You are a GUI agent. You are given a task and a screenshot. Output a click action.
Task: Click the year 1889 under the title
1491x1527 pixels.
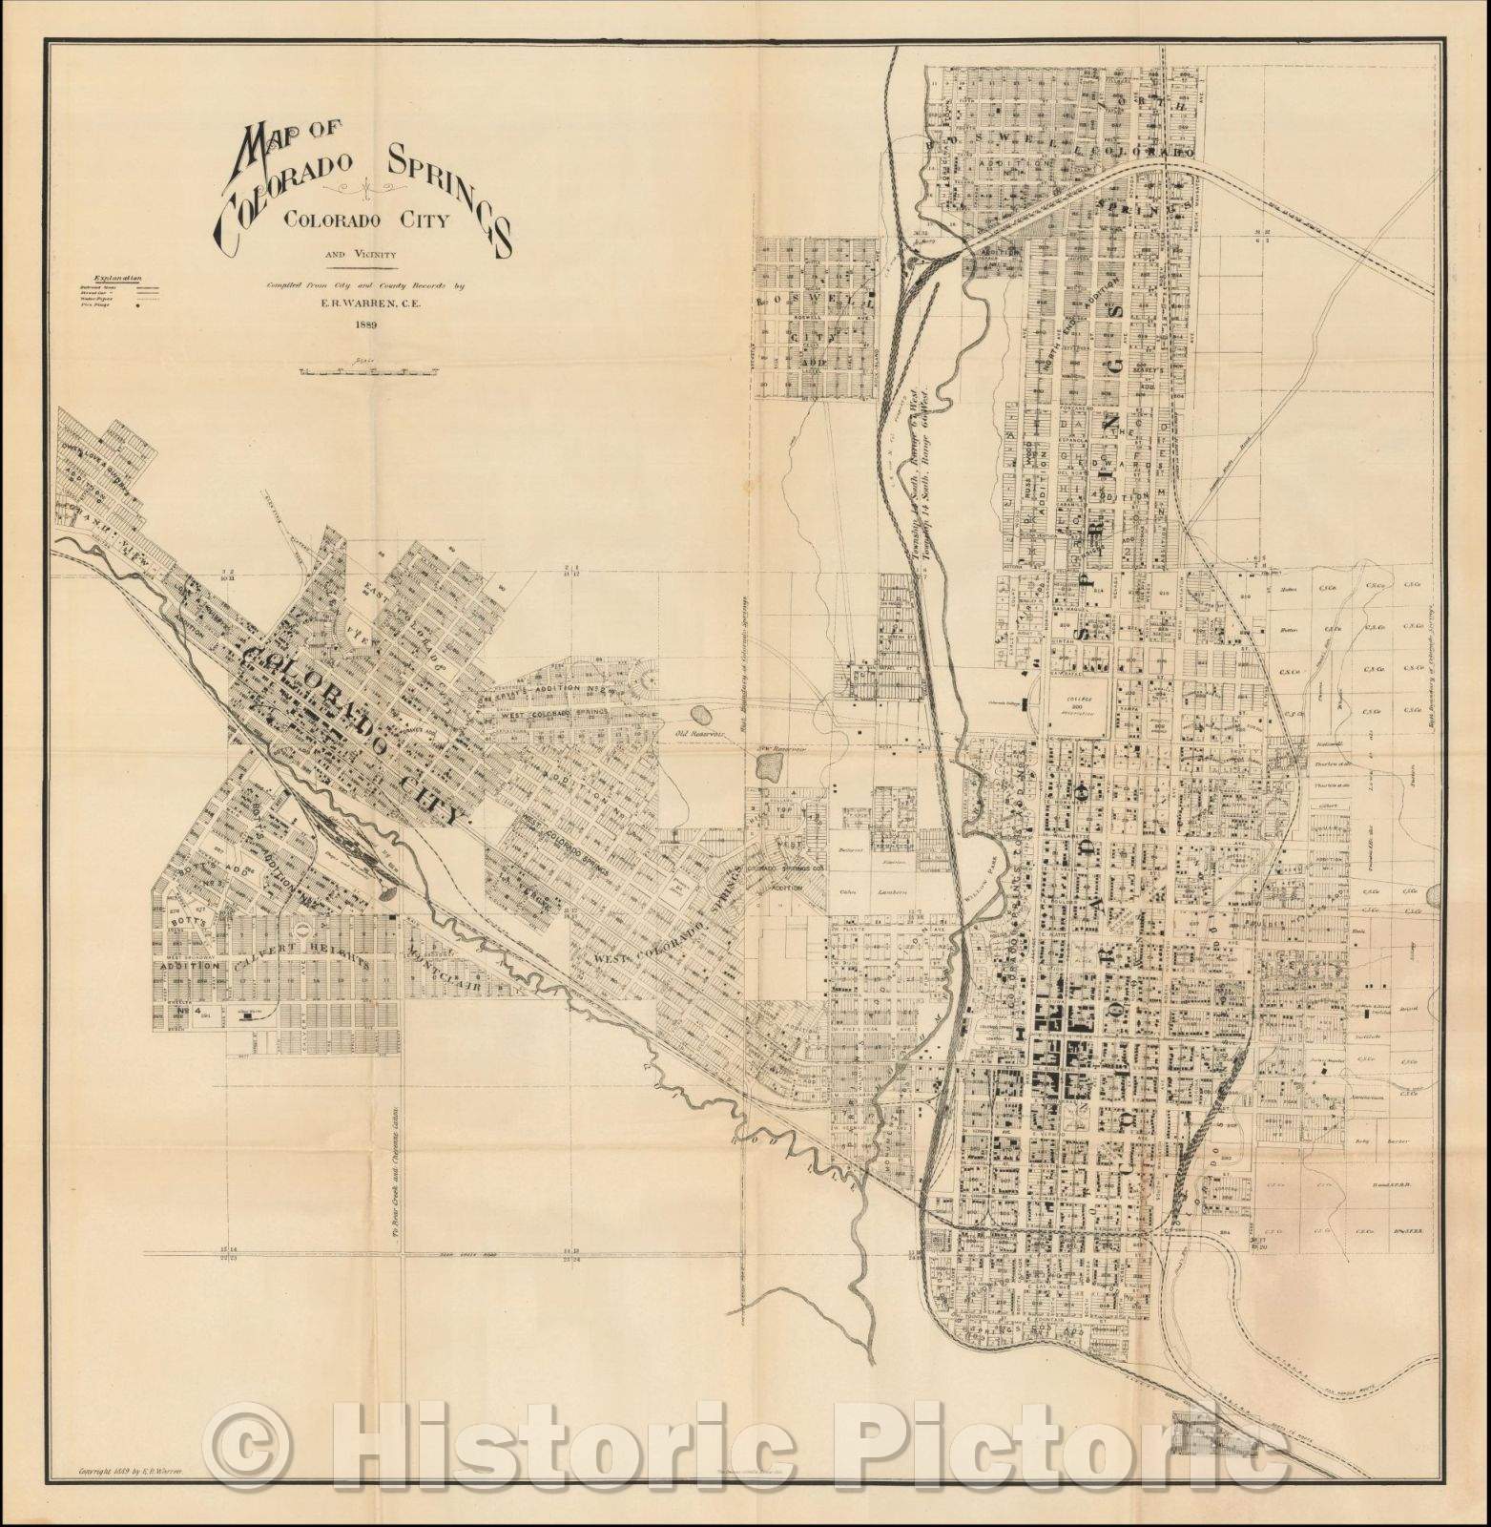point(365,324)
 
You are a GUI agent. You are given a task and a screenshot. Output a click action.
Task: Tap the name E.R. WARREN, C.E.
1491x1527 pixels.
point(366,303)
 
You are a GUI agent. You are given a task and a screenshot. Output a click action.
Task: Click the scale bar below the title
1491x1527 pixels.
point(366,371)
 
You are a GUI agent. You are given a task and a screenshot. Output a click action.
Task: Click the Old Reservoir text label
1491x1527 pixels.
point(695,733)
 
